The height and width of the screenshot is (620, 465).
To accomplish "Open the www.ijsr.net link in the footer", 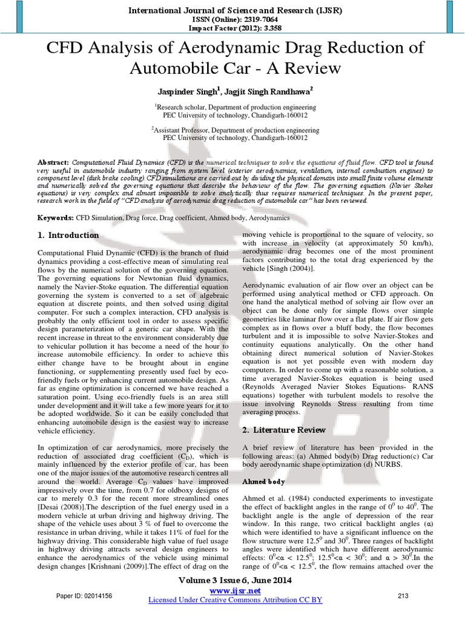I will [x=235, y=590].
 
